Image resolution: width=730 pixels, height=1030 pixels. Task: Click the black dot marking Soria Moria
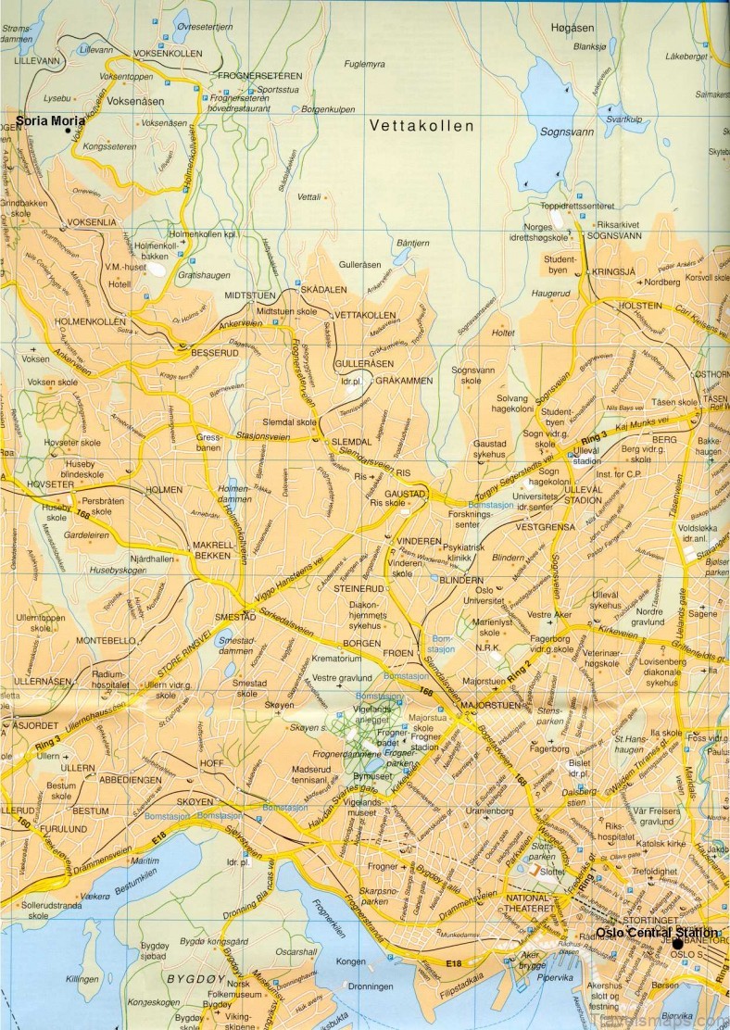click(x=68, y=131)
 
